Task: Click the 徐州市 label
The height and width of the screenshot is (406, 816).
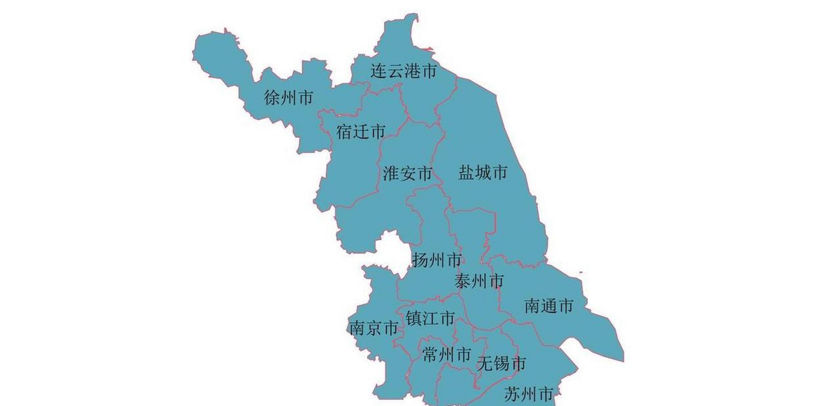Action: click(289, 97)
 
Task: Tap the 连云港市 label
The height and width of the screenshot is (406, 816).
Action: click(404, 71)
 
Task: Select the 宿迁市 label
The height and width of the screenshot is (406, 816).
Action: click(361, 132)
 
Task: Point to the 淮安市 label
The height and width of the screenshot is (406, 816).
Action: click(407, 173)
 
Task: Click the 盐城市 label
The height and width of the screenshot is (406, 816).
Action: click(482, 173)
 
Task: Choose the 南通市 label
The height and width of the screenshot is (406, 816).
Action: click(549, 306)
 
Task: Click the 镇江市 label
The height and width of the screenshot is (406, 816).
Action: click(430, 318)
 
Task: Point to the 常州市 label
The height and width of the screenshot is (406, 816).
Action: click(447, 355)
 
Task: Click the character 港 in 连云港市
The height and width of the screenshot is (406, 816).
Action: click(412, 71)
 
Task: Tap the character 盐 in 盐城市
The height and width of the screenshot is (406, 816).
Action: click(466, 173)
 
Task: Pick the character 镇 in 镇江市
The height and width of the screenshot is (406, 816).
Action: click(414, 318)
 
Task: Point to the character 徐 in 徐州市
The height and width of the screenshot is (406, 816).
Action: click(272, 97)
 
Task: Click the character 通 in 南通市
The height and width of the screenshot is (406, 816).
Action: click(549, 306)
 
